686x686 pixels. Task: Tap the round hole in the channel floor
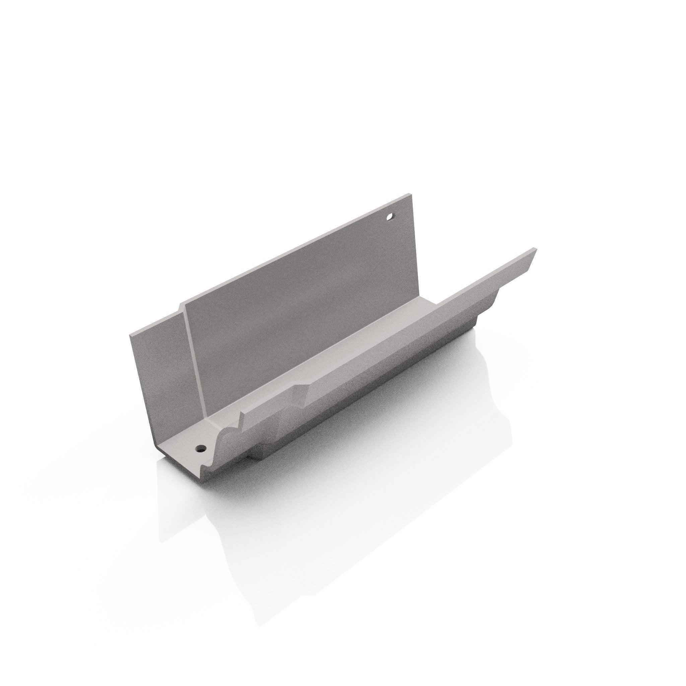201,448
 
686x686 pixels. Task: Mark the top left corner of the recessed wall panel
130,335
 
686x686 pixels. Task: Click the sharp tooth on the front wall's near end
242,414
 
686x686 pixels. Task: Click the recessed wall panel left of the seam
160,369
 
